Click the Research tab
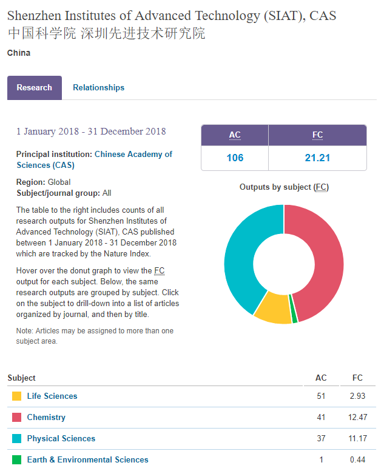[35, 88]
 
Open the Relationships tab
[98, 88]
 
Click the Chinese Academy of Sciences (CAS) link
[94, 159]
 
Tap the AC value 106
[235, 158]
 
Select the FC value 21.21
[317, 158]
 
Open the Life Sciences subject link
[52, 396]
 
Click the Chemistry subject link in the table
[46, 417]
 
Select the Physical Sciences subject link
[61, 438]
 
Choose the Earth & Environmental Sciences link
[87, 459]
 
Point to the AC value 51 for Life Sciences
[321, 396]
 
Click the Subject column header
[22, 378]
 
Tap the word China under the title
[19, 53]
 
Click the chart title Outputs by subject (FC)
[284, 187]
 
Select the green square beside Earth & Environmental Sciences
[16, 459]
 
